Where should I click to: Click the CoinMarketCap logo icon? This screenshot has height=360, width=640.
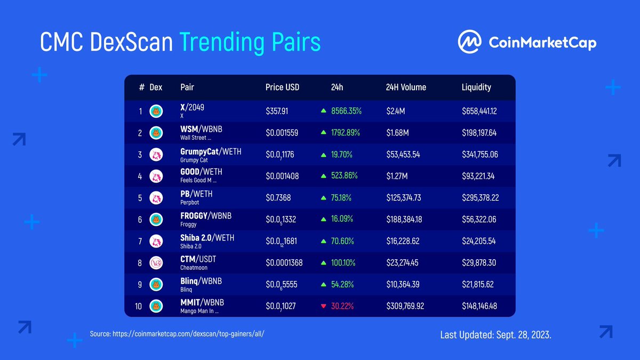click(x=470, y=42)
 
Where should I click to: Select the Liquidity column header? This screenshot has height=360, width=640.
click(x=476, y=87)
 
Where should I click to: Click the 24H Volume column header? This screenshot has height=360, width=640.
click(x=406, y=87)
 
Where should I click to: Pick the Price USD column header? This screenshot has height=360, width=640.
click(x=282, y=87)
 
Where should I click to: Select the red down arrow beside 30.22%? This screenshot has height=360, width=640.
click(x=323, y=306)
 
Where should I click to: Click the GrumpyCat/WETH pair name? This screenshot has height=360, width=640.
click(x=211, y=151)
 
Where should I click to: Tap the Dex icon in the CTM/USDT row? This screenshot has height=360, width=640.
click(x=156, y=262)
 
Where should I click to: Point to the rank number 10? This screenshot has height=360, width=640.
click(x=139, y=306)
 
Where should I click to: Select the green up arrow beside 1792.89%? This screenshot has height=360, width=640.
click(x=323, y=133)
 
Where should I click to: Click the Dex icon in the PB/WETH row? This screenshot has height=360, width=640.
click(x=156, y=198)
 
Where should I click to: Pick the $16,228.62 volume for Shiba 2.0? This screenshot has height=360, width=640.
click(x=402, y=241)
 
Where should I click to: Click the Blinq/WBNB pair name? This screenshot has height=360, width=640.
click(x=201, y=281)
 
